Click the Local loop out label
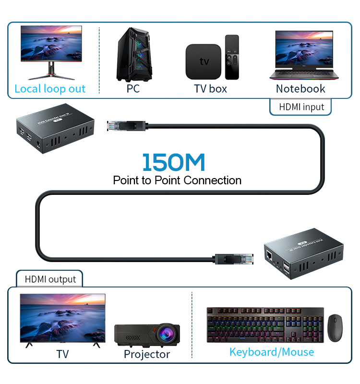pos(50,89)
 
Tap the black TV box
pos(204,61)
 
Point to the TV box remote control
pos(232,57)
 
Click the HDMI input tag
pos(301,107)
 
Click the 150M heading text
pos(173,162)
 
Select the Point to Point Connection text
pos(177,180)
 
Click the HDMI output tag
pos(50,279)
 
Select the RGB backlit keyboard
pos(265,325)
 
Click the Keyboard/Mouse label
pos(271,352)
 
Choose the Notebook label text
pos(300,89)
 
